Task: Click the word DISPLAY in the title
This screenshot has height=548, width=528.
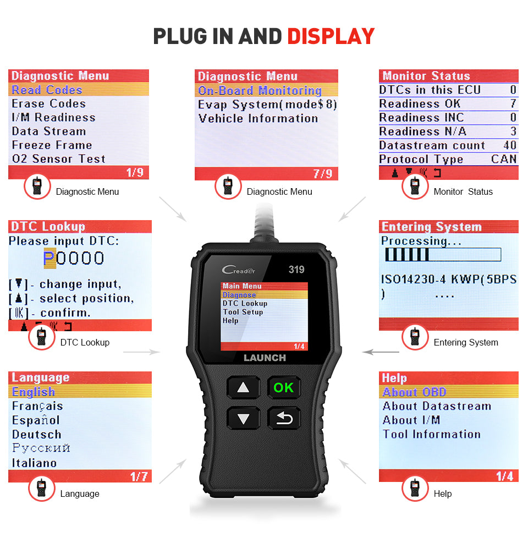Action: pyautogui.click(x=331, y=36)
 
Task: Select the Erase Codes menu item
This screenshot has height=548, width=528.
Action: pyautogui.click(x=49, y=103)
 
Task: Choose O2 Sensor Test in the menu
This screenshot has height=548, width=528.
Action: pyautogui.click(x=58, y=159)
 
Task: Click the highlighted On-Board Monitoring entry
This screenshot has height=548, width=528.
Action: pyautogui.click(x=260, y=91)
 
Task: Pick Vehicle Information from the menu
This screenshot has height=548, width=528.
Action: pyautogui.click(x=258, y=118)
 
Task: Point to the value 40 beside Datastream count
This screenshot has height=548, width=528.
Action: pyautogui.click(x=510, y=145)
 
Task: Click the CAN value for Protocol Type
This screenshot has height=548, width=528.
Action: pyautogui.click(x=504, y=159)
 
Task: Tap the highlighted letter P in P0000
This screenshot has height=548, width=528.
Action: pyautogui.click(x=50, y=258)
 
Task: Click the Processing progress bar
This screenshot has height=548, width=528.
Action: pyautogui.click(x=443, y=255)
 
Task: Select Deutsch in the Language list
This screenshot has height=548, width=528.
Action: pyautogui.click(x=37, y=435)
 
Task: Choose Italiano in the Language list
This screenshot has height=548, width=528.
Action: pyautogui.click(x=35, y=463)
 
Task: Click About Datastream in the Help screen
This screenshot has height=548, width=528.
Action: pyautogui.click(x=437, y=406)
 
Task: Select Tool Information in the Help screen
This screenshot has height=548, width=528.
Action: pyautogui.click(x=432, y=434)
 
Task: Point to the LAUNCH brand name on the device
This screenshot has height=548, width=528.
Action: pyautogui.click(x=265, y=358)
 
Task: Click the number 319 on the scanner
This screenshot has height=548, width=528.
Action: pyautogui.click(x=296, y=270)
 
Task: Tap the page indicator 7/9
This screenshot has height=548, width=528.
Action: pyautogui.click(x=322, y=174)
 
